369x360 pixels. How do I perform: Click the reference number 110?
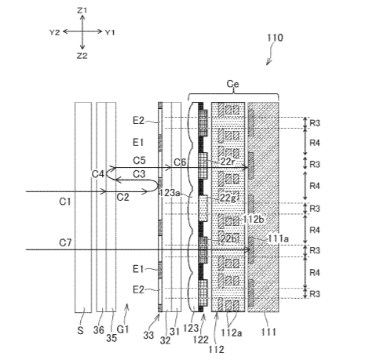pyautogui.click(x=275, y=38)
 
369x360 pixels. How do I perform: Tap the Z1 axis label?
pyautogui.click(x=82, y=10)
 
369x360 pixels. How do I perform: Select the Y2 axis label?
pyautogui.click(x=55, y=33)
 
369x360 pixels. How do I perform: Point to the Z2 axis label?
pyautogui.click(x=82, y=56)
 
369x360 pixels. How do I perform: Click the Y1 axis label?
pyautogui.click(x=110, y=33)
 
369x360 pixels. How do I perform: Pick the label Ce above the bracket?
pyautogui.click(x=232, y=84)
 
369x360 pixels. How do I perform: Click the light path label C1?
pyautogui.click(x=65, y=202)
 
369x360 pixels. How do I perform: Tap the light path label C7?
pyautogui.click(x=65, y=242)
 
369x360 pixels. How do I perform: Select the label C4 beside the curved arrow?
pyautogui.click(x=98, y=174)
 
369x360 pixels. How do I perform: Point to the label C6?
pyautogui.click(x=180, y=162)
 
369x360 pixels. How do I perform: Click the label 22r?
pyautogui.click(x=228, y=162)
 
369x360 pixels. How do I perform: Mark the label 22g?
pyautogui.click(x=228, y=198)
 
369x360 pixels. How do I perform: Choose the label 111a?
pyautogui.click(x=278, y=238)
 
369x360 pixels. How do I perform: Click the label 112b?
pyautogui.click(x=253, y=219)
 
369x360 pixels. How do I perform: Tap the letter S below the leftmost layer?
pyautogui.click(x=80, y=330)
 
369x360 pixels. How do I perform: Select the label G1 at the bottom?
pyautogui.click(x=122, y=329)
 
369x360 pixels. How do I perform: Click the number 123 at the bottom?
pyautogui.click(x=191, y=329)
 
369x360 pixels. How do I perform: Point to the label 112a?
pyautogui.click(x=232, y=333)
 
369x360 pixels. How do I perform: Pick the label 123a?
pyautogui.click(x=170, y=193)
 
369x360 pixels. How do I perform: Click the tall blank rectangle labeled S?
pyautogui.click(x=83, y=207)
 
